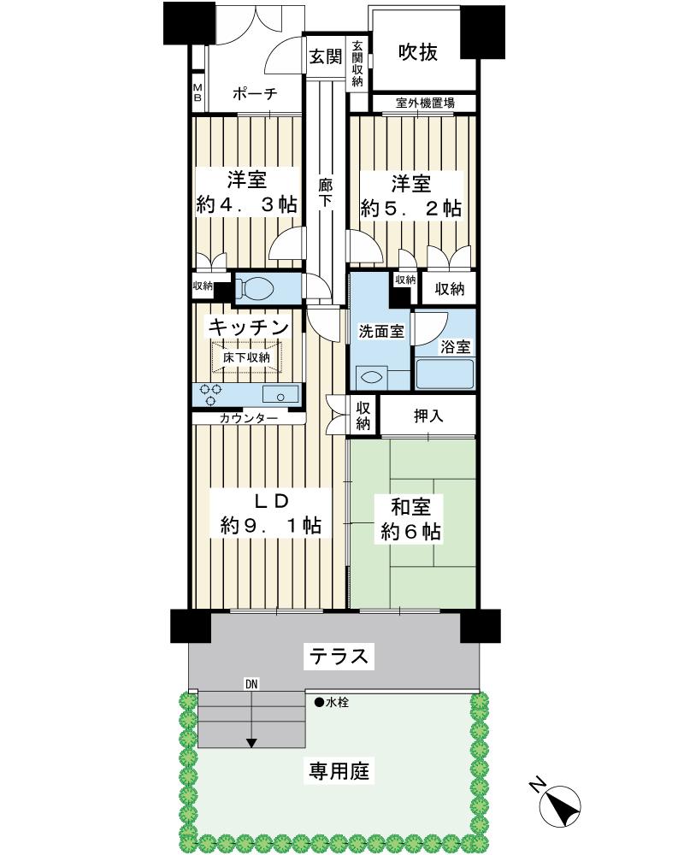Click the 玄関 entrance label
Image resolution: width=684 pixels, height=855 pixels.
tap(325, 57)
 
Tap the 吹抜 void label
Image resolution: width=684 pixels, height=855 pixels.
tap(419, 53)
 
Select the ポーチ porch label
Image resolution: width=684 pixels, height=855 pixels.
tap(254, 95)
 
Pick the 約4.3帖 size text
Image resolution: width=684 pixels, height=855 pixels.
tap(246, 205)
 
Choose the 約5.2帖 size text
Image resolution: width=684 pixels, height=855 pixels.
tap(410, 208)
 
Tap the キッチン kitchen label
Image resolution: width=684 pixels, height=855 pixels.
tap(248, 327)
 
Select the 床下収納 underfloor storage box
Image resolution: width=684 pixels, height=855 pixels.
tap(247, 357)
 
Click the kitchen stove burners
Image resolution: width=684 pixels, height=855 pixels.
tap(210, 394)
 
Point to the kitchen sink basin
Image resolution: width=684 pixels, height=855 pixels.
tap(280, 394)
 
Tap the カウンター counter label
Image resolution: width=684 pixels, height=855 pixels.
tap(248, 418)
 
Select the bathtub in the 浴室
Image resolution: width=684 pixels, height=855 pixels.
tap(444, 374)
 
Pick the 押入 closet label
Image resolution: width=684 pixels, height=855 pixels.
tap(428, 417)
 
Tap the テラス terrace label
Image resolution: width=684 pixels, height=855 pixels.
tap(339, 657)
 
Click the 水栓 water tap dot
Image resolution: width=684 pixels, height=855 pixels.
tap(318, 703)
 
